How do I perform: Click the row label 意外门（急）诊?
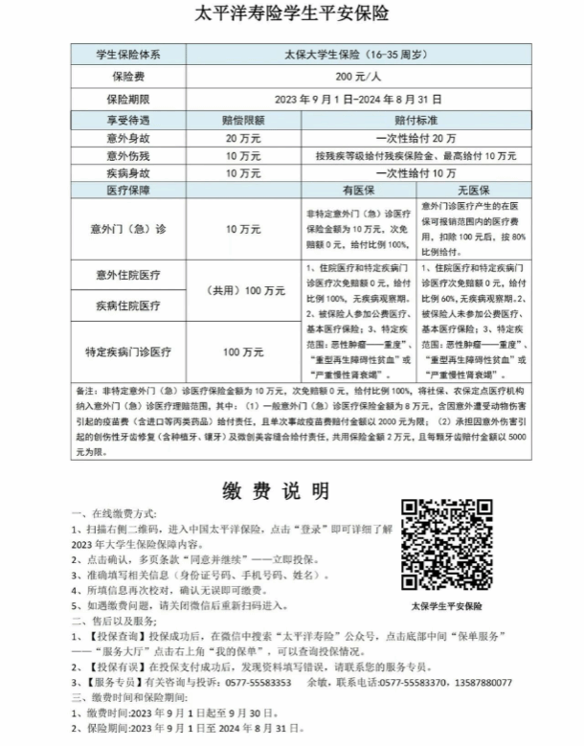128,229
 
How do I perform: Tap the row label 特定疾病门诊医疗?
128,352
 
